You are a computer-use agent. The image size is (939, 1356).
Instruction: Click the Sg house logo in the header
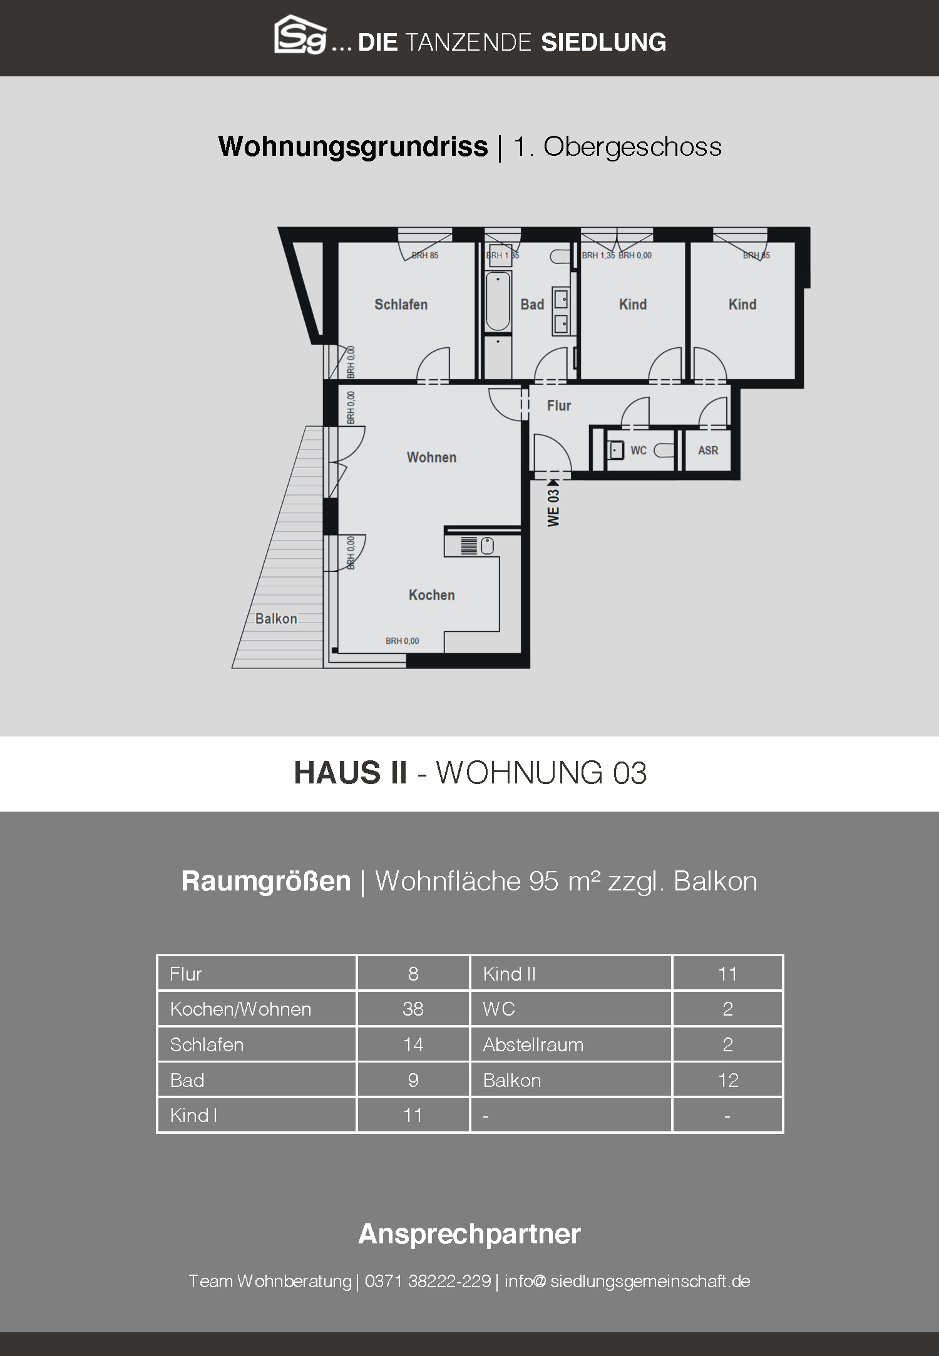click(300, 35)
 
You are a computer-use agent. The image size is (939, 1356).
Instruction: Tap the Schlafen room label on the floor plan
click(401, 305)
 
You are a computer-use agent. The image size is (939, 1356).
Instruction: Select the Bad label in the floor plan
click(532, 305)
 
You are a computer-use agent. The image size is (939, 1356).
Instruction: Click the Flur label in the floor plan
click(559, 406)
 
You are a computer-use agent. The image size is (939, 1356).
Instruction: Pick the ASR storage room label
click(708, 451)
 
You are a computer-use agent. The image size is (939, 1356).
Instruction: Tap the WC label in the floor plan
click(639, 451)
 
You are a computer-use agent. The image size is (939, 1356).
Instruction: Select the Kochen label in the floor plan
click(431, 595)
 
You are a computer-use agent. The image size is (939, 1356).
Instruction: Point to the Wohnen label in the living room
click(431, 457)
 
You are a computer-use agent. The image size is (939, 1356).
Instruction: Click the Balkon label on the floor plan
click(276, 619)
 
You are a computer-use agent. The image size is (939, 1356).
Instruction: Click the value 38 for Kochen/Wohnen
click(413, 1009)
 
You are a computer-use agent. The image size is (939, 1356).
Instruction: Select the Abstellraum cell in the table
click(533, 1044)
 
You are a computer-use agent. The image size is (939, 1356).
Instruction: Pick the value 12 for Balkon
click(728, 1080)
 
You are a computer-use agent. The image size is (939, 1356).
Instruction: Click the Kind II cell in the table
click(510, 974)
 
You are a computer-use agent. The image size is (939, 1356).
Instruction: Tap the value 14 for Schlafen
click(413, 1044)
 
